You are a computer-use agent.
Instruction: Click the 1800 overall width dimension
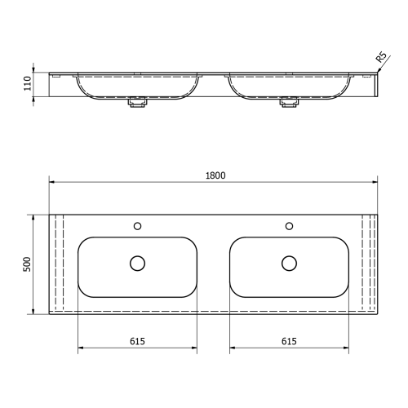point(215,175)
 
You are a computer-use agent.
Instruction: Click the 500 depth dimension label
point(27,264)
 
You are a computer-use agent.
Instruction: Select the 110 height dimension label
point(27,82)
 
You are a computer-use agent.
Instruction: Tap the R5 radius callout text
point(381,57)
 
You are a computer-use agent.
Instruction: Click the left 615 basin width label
point(137,342)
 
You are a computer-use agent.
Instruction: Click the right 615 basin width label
point(289,342)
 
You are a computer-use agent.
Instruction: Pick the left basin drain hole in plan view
point(137,263)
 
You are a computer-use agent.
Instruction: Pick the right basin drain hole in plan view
point(289,263)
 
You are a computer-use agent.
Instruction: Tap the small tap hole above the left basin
point(137,226)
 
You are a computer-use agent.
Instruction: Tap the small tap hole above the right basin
point(289,226)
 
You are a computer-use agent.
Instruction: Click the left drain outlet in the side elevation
point(137,103)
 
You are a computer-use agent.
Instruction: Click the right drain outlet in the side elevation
point(289,103)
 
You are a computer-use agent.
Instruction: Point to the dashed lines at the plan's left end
point(57,264)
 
